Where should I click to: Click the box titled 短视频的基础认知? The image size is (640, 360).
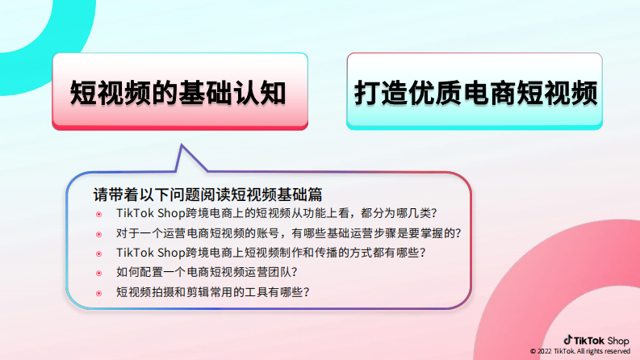pos(179,90)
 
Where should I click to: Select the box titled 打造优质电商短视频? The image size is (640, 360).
pos(475,90)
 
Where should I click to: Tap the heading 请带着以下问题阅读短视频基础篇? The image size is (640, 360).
pos(208,195)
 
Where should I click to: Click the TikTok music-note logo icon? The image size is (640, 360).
pos(567,340)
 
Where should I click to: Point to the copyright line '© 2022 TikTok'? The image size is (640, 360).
pos(579,352)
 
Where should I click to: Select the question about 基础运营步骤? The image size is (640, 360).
pos(287,233)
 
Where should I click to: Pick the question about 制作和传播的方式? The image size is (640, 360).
pos(270,253)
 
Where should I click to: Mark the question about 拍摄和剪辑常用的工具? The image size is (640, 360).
pos(213,291)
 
